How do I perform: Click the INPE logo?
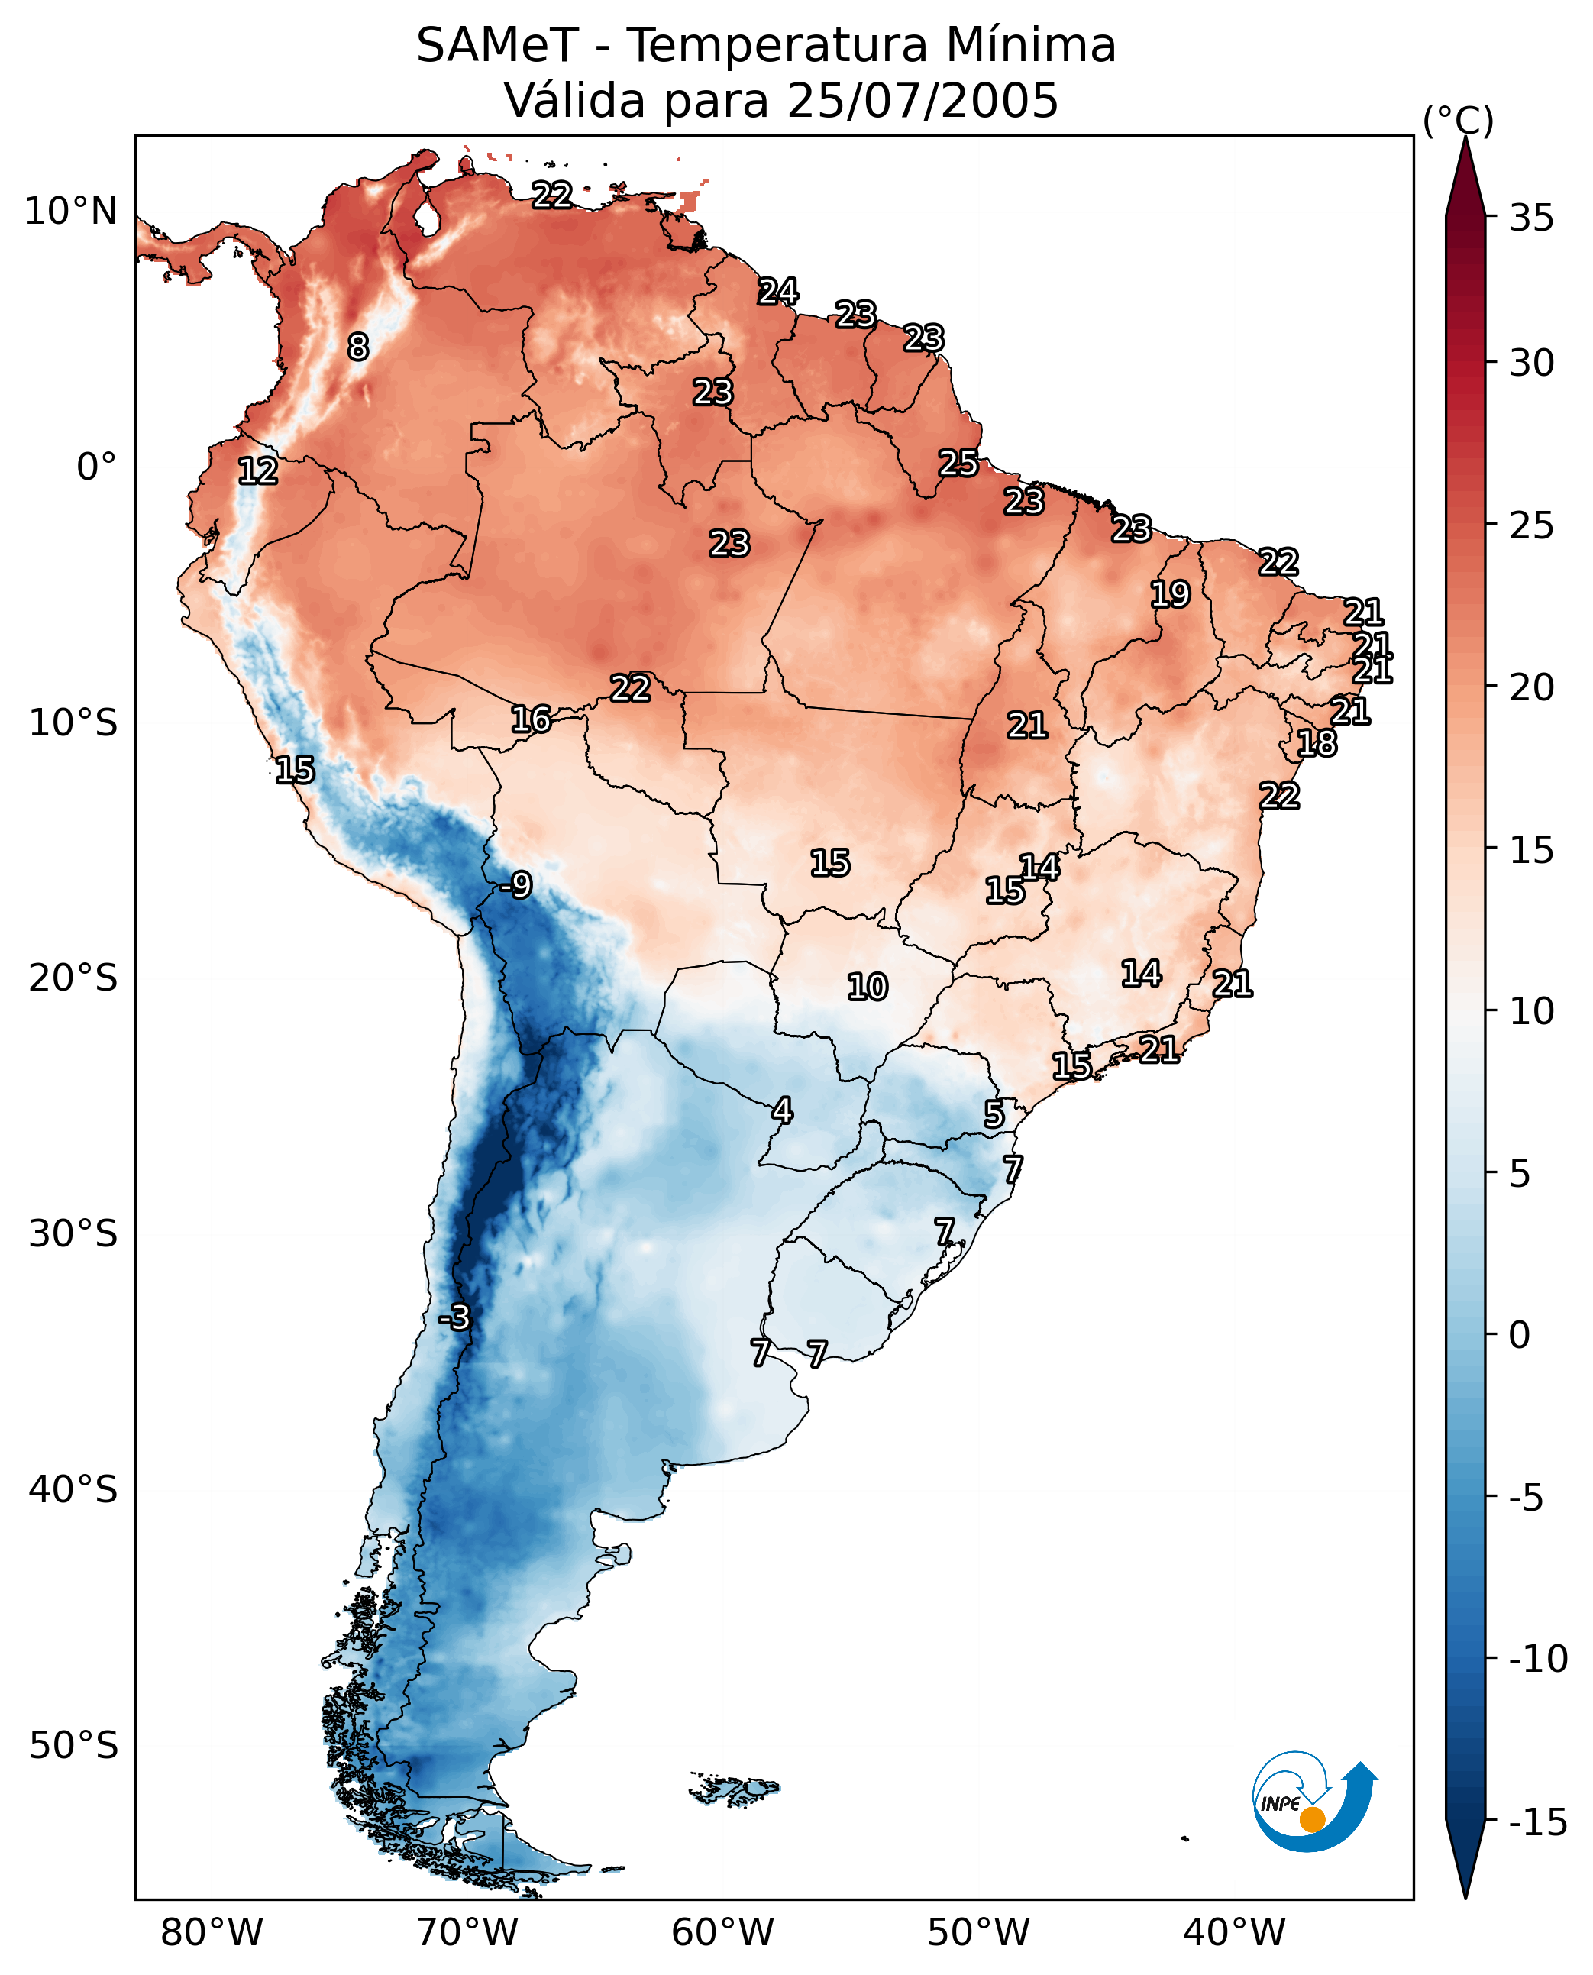tap(1314, 1801)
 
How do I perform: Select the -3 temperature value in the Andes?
tap(454, 1318)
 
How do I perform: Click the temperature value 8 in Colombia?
tap(358, 347)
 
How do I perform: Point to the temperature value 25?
tap(958, 464)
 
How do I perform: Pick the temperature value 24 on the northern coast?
tap(778, 292)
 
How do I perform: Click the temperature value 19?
tap(1170, 595)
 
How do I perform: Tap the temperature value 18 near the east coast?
tap(1317, 743)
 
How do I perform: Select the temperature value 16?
tap(532, 719)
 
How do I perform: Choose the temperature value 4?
tap(782, 1110)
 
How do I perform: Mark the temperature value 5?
tap(994, 1114)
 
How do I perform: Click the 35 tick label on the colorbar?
tap(1531, 218)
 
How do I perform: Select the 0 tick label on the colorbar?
tap(1520, 1335)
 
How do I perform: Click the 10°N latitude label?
tap(71, 212)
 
